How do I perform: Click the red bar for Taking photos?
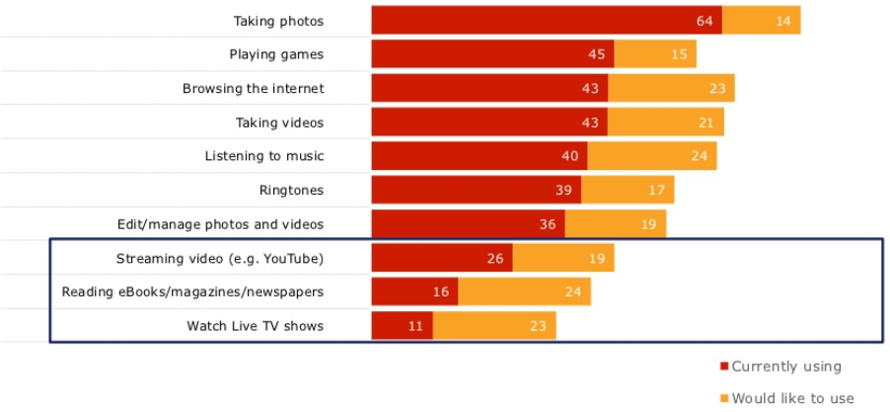546,20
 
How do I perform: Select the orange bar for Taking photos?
761,20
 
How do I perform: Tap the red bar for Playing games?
492,54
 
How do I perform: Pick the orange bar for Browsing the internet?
671,88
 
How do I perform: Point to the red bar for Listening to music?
479,156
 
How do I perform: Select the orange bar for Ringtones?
628,190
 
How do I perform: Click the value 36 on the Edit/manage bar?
548,224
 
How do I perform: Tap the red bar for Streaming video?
441,259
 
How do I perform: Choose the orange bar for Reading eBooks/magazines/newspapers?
524,292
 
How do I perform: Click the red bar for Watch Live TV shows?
402,326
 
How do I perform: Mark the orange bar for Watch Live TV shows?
494,326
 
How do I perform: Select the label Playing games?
276,54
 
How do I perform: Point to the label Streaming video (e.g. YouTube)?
220,259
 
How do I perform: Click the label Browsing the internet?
254,88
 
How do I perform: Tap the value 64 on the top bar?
704,21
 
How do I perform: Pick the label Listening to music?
264,156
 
